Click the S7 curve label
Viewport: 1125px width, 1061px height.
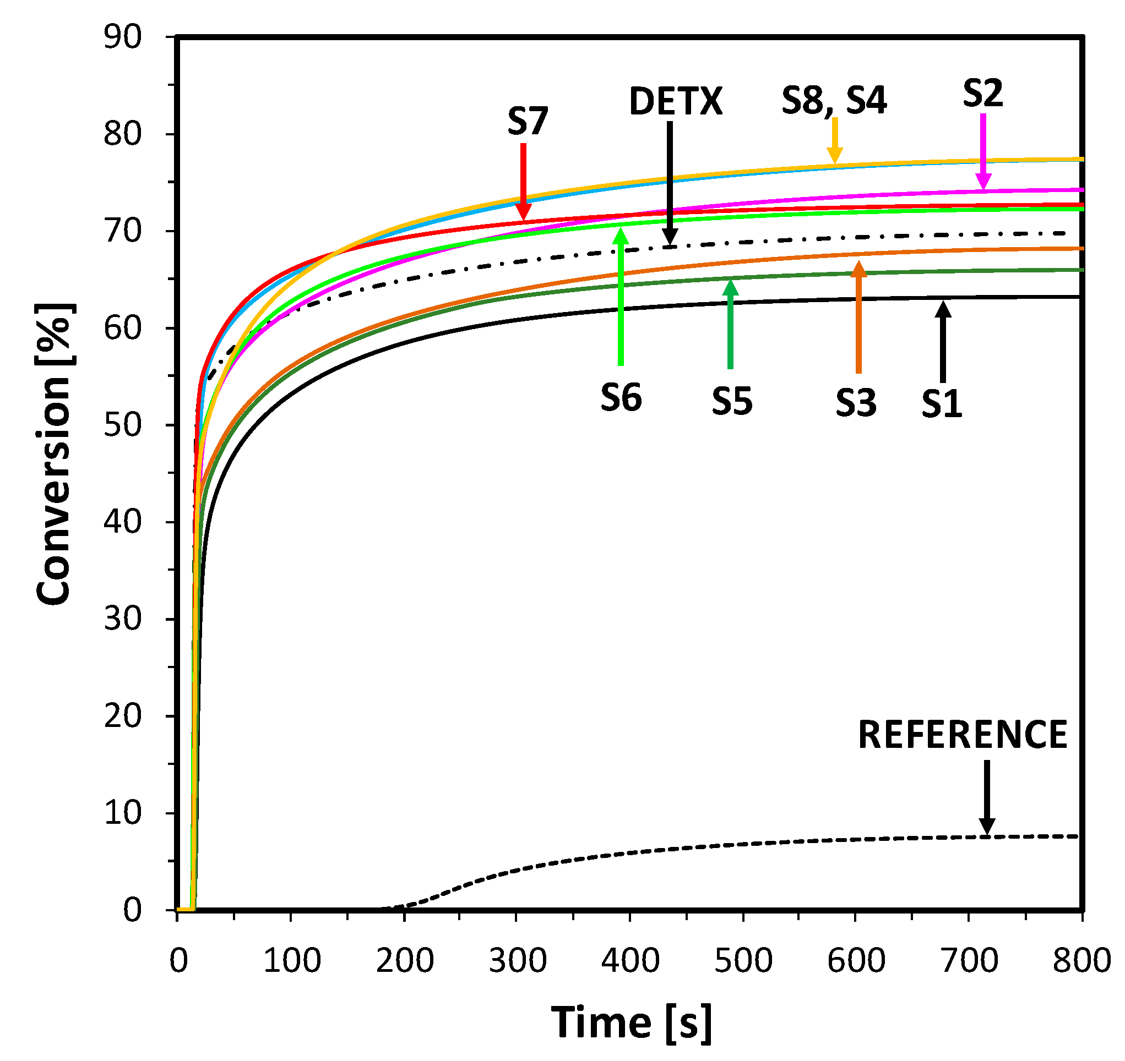tap(528, 121)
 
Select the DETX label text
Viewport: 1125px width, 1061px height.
tap(676, 102)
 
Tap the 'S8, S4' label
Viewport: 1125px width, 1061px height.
tap(834, 100)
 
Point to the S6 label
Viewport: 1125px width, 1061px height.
tap(621, 397)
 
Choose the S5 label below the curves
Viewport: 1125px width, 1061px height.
tap(732, 402)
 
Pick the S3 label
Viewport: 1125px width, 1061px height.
tap(856, 403)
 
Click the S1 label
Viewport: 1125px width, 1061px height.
tap(942, 404)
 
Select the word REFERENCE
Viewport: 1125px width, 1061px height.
tap(962, 735)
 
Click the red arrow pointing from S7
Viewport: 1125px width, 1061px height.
tap(524, 181)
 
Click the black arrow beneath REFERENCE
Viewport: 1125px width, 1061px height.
tap(987, 797)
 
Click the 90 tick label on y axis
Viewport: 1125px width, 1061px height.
tap(122, 38)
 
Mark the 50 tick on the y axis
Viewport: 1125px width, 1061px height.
tap(122, 425)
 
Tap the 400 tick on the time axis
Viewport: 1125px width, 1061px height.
tap(630, 960)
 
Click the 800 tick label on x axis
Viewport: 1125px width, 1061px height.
tap(1081, 960)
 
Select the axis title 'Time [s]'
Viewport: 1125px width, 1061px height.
tap(631, 1022)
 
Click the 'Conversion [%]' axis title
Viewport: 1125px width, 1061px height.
tap(54, 453)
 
